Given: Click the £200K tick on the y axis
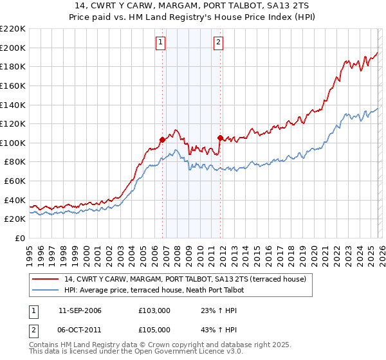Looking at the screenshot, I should (14, 48).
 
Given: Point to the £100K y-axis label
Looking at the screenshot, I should (14, 143).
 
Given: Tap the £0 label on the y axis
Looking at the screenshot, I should (21, 238).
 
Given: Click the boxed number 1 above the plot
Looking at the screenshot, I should (160, 43).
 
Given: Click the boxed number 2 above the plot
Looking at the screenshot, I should (218, 43).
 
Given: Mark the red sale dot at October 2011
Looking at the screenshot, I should (220, 138).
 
